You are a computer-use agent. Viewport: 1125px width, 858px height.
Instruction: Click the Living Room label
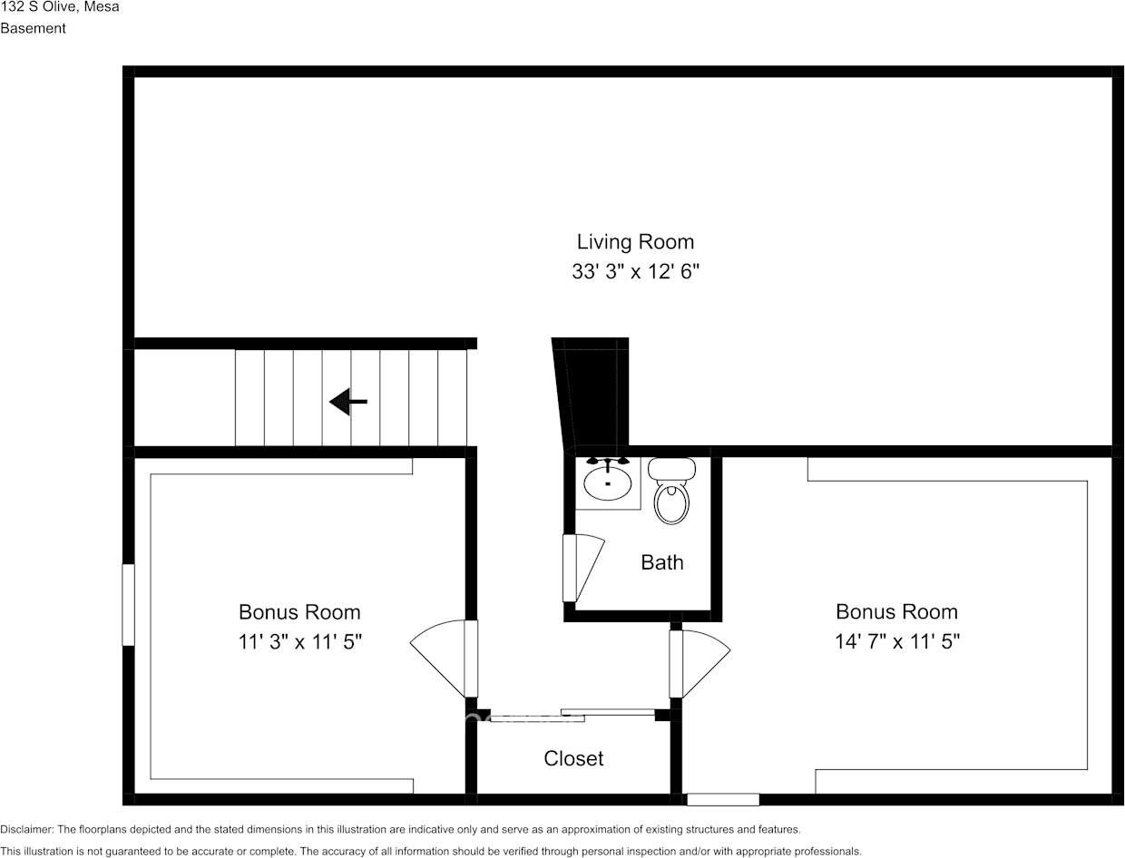(x=635, y=242)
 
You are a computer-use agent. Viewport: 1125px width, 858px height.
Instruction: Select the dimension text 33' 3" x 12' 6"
(x=635, y=271)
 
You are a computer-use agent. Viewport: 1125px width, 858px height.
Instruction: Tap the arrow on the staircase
(x=347, y=401)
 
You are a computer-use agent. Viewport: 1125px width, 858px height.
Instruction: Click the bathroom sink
(x=607, y=481)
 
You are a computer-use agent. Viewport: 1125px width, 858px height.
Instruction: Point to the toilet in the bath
(x=672, y=493)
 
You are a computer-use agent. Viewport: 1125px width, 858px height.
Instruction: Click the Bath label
(x=661, y=562)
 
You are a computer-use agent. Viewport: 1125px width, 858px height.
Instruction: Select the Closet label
(x=573, y=758)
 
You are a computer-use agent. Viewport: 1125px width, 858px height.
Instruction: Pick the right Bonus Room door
(x=699, y=663)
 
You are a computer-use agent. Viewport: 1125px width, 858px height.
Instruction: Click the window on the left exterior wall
(x=128, y=605)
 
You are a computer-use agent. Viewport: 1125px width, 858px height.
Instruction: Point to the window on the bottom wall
(x=722, y=799)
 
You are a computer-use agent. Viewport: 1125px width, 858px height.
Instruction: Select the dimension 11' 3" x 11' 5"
(x=299, y=642)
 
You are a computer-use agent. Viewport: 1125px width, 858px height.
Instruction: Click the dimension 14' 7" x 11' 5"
(x=896, y=642)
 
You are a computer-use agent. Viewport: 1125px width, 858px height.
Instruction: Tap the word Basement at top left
(x=33, y=28)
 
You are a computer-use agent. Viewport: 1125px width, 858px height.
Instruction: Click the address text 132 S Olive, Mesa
(x=59, y=7)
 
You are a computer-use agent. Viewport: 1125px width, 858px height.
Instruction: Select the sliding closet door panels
(x=572, y=715)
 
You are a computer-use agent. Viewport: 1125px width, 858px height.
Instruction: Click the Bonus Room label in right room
(x=896, y=611)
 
